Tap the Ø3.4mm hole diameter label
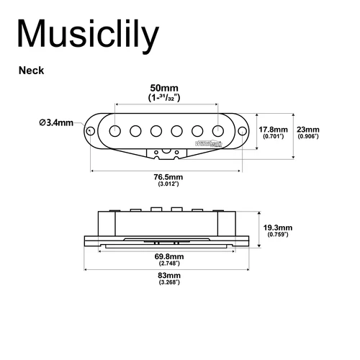pyautogui.click(x=57, y=122)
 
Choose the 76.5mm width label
pyautogui.click(x=167, y=177)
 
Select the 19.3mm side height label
pyautogui.click(x=277, y=226)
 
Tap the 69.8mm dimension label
pyautogui.click(x=168, y=256)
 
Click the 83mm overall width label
pyautogui.click(x=168, y=276)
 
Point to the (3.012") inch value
pyautogui.click(x=167, y=185)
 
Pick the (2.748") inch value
pyautogui.click(x=168, y=264)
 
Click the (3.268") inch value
pyautogui.click(x=168, y=284)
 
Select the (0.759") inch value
pyautogui.click(x=277, y=235)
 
